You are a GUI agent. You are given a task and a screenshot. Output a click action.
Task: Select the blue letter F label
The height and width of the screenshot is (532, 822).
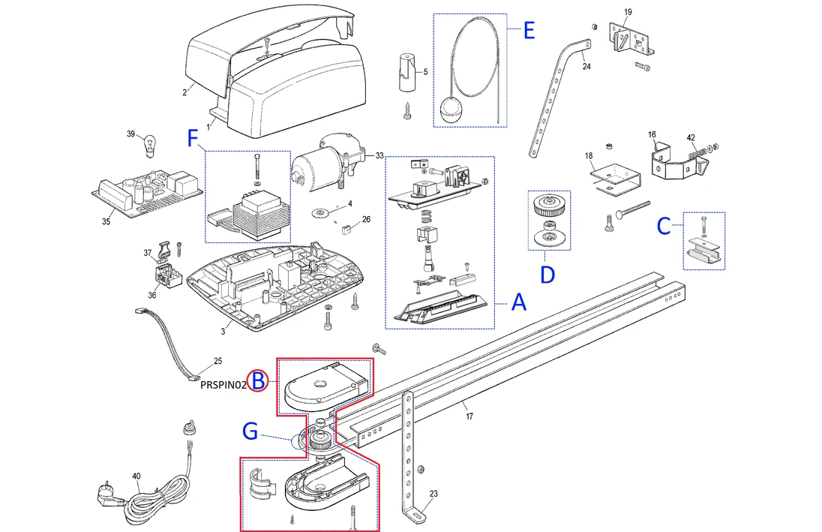(193, 138)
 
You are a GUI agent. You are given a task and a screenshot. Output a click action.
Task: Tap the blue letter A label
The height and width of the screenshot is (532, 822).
(520, 303)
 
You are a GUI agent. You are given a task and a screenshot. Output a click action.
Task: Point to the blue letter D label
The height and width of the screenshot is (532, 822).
(548, 274)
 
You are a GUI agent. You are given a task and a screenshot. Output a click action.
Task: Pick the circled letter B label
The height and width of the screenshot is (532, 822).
(258, 381)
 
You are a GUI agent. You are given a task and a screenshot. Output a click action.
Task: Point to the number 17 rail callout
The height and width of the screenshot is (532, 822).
(469, 416)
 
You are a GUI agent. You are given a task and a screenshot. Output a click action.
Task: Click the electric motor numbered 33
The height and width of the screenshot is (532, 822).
(322, 161)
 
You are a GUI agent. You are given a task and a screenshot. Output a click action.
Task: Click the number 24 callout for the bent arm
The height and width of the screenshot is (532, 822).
(586, 67)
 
